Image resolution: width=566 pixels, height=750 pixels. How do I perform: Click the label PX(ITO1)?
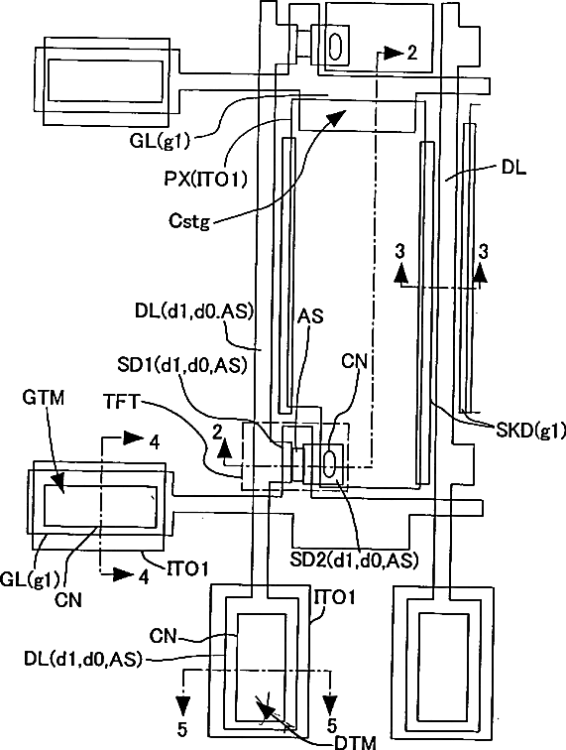tap(205, 180)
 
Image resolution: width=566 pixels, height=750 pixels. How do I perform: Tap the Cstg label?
tap(189, 221)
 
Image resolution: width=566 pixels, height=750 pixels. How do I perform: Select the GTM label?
tap(43, 398)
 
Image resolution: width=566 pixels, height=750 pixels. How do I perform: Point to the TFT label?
tap(121, 402)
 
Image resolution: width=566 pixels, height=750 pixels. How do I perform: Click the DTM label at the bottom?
tap(355, 742)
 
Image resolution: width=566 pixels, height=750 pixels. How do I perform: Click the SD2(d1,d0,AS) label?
tap(354, 561)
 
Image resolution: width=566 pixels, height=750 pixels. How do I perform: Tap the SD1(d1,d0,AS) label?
tap(182, 365)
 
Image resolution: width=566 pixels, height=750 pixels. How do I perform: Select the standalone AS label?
tap(310, 316)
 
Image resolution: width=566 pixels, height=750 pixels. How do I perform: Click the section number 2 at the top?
tap(412, 53)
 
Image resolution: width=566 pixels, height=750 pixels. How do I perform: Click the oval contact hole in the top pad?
tap(336, 46)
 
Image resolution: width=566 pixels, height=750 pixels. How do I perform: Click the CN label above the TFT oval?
tap(354, 361)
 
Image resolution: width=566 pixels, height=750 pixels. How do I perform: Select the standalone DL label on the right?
tap(513, 168)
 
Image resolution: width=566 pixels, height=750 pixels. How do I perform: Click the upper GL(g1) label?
tap(160, 141)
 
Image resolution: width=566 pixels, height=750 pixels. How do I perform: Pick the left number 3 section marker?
tap(400, 250)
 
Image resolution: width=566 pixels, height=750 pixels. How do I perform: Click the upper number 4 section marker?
tap(154, 442)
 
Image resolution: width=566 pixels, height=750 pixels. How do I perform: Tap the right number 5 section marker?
tap(332, 725)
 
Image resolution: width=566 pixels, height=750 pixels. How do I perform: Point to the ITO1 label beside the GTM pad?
tap(188, 569)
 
